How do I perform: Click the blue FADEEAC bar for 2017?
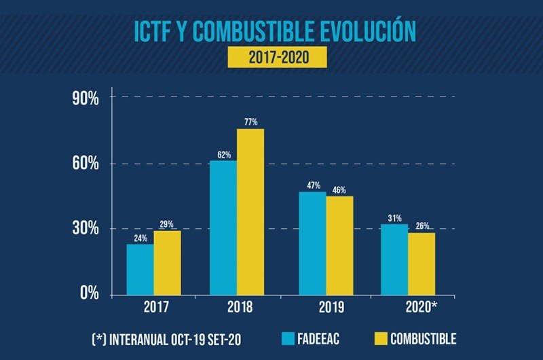pyautogui.click(x=140, y=270)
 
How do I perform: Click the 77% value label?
pyautogui.click(x=251, y=122)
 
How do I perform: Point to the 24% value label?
pyautogui.click(x=139, y=238)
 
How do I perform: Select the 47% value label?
pyautogui.click(x=312, y=185)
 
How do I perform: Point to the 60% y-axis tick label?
pyautogui.click(x=86, y=164)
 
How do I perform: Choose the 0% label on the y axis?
pyautogui.click(x=89, y=294)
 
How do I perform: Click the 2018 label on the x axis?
pyautogui.click(x=237, y=307)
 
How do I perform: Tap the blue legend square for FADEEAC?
pyautogui.click(x=287, y=338)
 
